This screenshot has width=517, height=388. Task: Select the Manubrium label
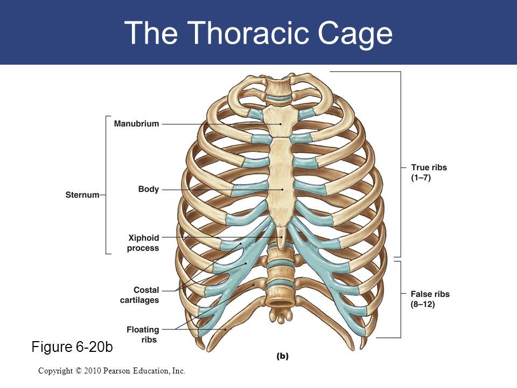tap(136, 124)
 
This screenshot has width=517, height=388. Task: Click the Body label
tap(149, 190)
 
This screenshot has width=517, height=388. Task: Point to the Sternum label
tap(83, 195)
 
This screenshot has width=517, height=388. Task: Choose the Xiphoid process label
tap(143, 242)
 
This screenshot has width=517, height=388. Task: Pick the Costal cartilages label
tap(139, 295)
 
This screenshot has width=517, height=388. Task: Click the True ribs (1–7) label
tap(429, 172)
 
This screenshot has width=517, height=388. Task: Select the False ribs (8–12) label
tap(430, 299)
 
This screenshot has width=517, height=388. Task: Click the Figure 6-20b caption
tap(72, 348)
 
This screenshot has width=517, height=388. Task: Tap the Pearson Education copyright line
tap(112, 371)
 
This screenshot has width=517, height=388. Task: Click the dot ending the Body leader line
tap(282, 190)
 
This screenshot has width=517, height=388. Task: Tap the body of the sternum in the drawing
tap(281, 178)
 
